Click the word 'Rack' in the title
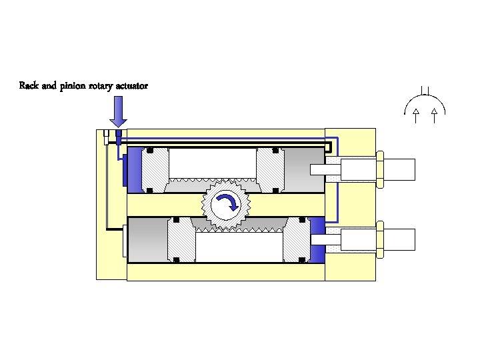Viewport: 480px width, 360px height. (28, 86)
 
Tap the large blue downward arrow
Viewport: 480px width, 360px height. (118, 111)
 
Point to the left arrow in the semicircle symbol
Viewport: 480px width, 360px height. (415, 115)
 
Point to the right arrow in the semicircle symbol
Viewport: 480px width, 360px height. (435, 115)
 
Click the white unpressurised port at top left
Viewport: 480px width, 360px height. (106, 137)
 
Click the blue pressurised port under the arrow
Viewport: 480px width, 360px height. (119, 137)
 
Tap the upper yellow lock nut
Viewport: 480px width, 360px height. (379, 169)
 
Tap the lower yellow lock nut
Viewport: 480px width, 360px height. (379, 239)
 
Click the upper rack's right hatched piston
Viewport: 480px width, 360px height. (270, 170)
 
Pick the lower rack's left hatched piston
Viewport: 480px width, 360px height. (181, 240)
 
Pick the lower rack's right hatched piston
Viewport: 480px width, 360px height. (296, 240)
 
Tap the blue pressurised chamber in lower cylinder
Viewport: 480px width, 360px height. (317, 240)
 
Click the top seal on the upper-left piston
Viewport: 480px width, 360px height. (150, 150)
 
